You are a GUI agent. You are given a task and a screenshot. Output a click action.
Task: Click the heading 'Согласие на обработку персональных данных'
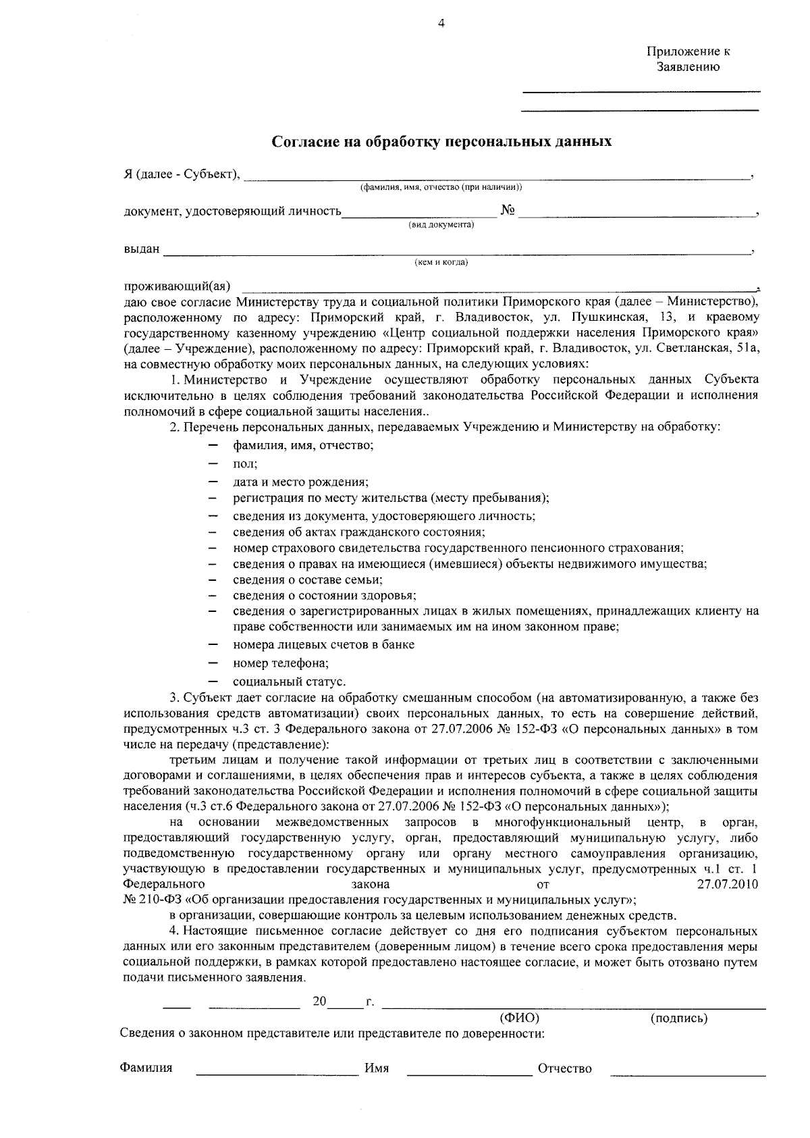click(441, 142)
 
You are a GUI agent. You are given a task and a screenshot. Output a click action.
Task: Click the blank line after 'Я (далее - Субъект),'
click(496, 177)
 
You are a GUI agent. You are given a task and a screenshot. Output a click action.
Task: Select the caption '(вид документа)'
click(441, 225)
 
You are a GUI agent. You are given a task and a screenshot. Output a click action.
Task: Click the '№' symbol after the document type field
click(508, 211)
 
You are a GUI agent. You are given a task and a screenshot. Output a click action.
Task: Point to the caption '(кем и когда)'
click(441, 263)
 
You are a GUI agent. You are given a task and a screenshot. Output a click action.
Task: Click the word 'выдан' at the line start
click(142, 249)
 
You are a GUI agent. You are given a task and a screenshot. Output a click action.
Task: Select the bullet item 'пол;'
click(245, 465)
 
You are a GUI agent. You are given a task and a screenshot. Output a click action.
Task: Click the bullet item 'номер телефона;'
click(281, 663)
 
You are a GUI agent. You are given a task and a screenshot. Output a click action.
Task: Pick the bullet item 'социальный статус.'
click(290, 681)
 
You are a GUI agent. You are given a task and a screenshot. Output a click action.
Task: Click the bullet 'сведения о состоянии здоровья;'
click(325, 596)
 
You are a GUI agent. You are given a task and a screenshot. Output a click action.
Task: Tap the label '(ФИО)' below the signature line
click(519, 1018)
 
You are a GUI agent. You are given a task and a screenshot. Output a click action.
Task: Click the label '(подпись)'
click(679, 1018)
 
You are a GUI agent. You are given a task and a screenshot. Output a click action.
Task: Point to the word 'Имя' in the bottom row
click(377, 1068)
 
